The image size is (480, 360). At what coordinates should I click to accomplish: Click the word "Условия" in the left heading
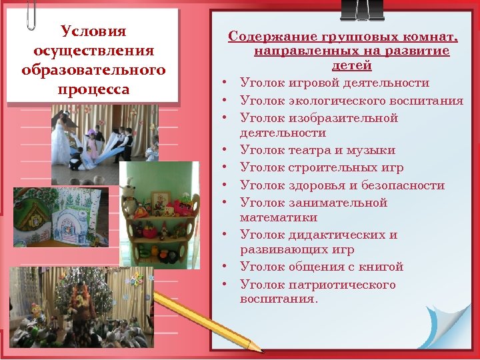point(93,31)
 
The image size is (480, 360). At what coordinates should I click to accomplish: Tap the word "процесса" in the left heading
point(93,89)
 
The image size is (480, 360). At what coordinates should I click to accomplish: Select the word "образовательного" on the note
point(93,70)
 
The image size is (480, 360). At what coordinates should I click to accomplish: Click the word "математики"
point(279,217)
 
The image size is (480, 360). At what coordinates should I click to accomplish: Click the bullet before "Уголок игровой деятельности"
point(227,83)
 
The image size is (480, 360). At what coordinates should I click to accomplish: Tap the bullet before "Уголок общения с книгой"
point(227,267)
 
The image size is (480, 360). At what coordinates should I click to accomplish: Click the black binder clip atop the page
point(361,9)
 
